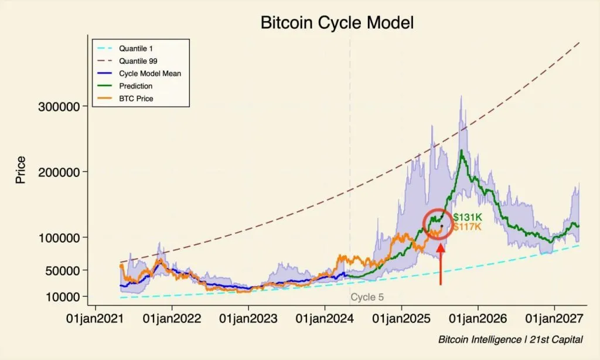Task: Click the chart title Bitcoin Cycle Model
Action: [337, 23]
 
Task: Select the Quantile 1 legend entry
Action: [135, 48]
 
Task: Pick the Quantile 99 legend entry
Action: [138, 60]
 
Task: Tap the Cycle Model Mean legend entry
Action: [149, 73]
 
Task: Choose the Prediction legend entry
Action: [135, 86]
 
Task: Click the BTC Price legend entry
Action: [136, 99]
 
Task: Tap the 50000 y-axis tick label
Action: [64, 270]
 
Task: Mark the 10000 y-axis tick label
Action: [64, 297]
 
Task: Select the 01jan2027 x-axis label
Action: [554, 320]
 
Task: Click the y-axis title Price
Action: [21, 170]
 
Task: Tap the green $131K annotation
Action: [467, 218]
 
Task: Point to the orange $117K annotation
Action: [467, 226]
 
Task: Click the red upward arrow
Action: [441, 264]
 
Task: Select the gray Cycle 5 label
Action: [367, 297]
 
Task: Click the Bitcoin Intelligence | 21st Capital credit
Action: [510, 340]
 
